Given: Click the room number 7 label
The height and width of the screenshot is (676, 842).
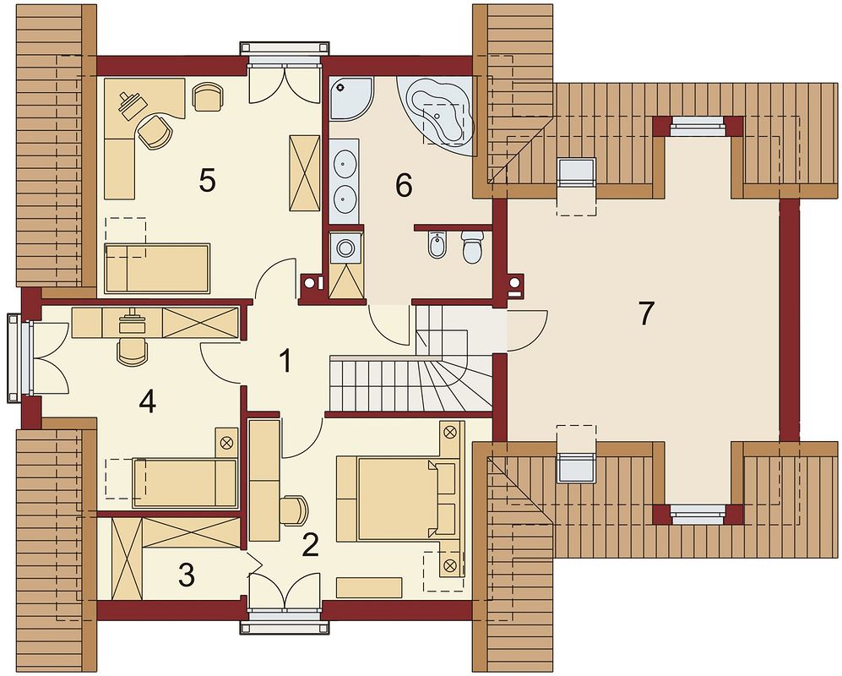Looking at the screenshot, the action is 646,313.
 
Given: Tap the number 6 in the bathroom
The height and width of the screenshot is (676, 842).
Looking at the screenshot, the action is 404,186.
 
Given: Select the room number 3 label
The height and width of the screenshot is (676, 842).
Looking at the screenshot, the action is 187,575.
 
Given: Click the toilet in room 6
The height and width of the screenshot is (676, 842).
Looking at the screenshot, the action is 472,247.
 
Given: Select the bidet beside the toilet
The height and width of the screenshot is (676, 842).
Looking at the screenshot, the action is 437,246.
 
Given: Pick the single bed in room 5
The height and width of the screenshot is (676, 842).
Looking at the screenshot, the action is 157,268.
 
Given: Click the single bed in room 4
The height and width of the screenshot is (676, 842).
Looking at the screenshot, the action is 185,482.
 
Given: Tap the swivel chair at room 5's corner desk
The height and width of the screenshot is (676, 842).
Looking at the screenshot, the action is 155,131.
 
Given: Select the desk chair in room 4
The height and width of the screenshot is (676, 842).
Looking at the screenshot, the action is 132,349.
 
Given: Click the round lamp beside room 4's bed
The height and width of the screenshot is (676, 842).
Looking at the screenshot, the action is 226,443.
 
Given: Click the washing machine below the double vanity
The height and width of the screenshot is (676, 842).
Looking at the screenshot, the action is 345,248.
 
